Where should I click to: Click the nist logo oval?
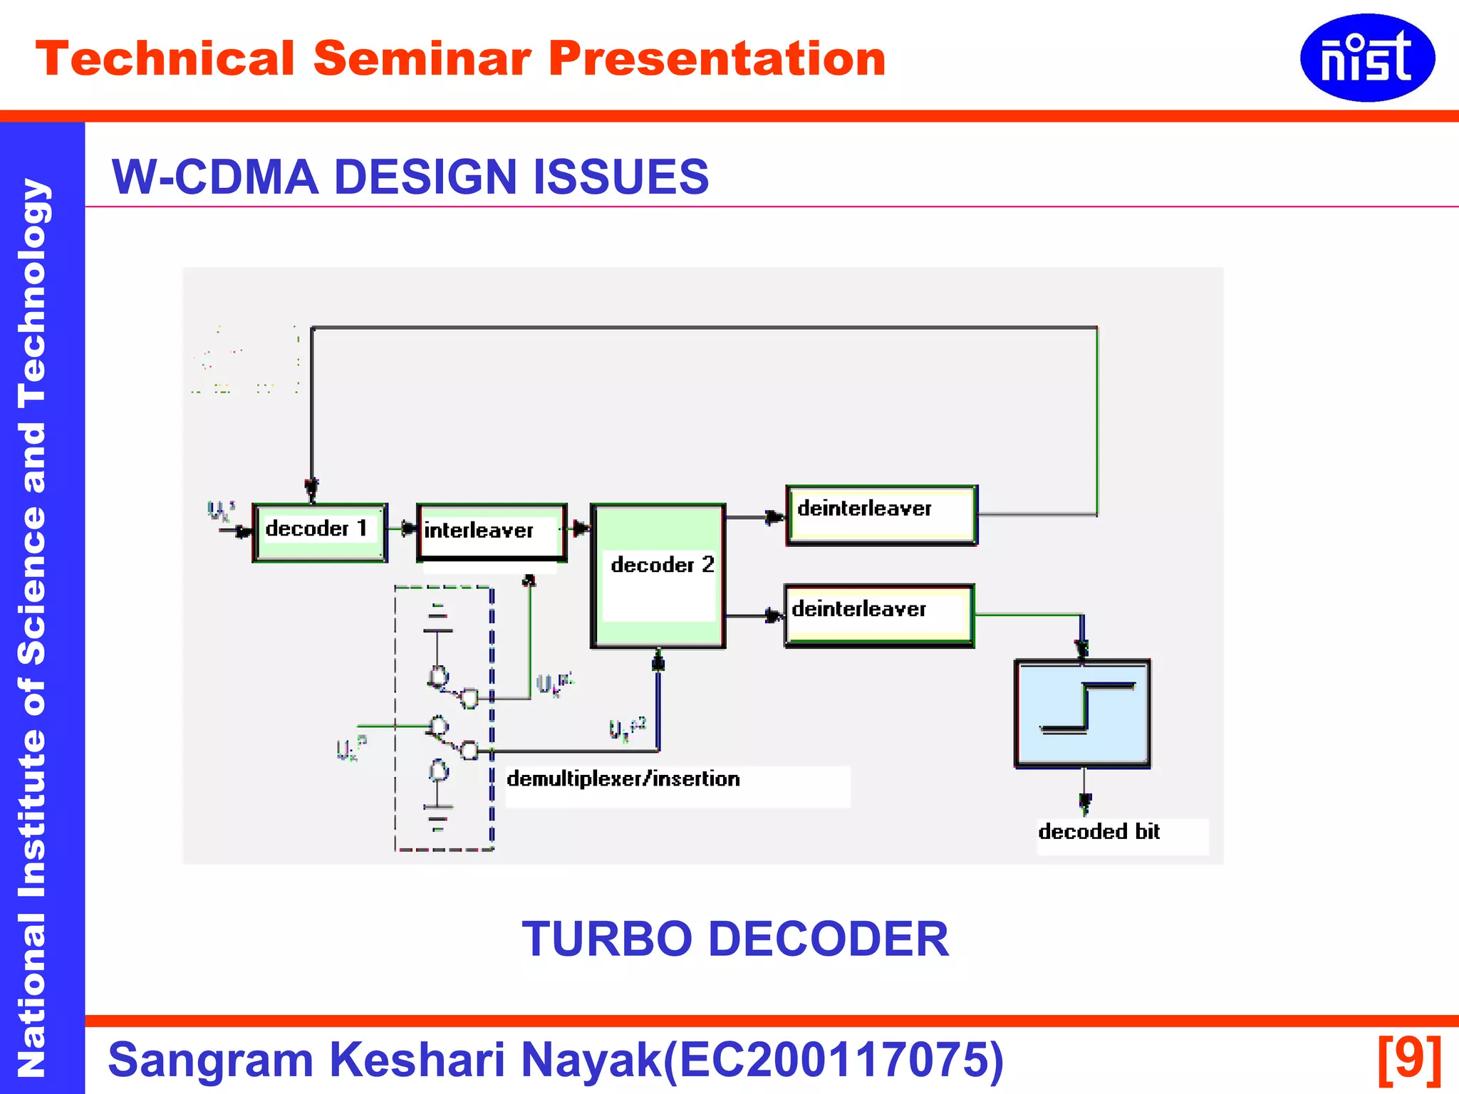1366,58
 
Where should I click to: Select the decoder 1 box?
320,533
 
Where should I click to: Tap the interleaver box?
492,532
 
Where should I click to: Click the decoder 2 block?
658,575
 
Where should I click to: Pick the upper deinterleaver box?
882,515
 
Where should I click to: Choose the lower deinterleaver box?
879,615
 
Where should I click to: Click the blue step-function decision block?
1082,713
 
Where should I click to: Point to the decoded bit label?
1099,832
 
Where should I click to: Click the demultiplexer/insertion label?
623,779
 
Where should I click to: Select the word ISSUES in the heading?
621,177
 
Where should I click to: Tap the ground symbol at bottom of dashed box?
437,816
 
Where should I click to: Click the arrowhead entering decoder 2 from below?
658,661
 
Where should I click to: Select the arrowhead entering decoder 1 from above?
311,489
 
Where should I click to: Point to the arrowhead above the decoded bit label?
1084,803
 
